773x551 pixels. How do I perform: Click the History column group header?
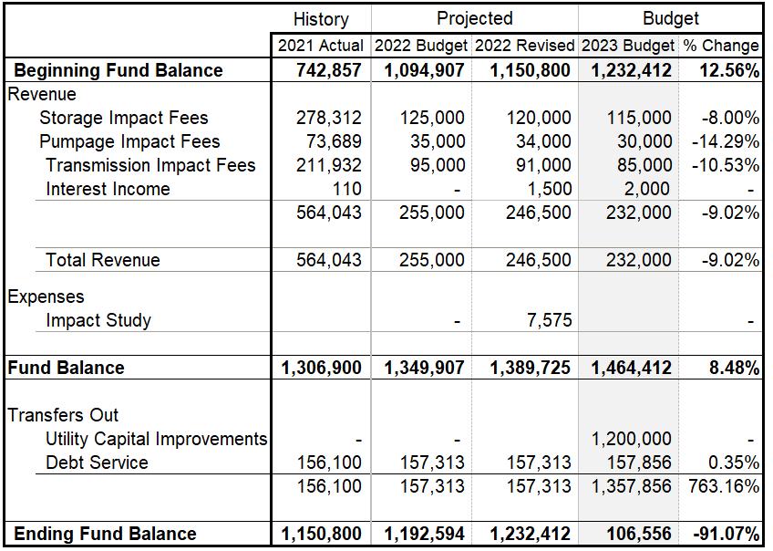(321, 18)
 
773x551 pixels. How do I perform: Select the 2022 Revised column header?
(524, 45)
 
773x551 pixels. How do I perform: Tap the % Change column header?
(720, 45)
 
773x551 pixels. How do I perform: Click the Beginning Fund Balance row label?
(119, 70)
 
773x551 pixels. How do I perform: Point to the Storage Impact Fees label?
(123, 118)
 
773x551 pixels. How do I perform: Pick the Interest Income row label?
(108, 189)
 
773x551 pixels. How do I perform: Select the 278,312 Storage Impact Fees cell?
(328, 118)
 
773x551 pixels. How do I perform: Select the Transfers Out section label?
(64, 415)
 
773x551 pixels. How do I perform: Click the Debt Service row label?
(97, 463)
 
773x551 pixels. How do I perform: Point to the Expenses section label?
(46, 296)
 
